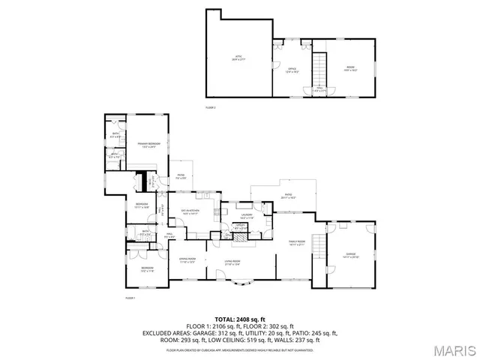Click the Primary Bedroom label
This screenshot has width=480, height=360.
tap(148, 145)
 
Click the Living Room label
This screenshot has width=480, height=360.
tap(232, 262)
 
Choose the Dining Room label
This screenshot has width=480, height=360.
tap(187, 260)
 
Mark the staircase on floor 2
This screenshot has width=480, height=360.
tap(320, 70)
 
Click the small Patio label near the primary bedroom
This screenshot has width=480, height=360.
tap(181, 177)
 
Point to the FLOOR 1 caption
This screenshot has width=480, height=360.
tap(130, 298)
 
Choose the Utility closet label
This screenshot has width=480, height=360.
tap(241, 226)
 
